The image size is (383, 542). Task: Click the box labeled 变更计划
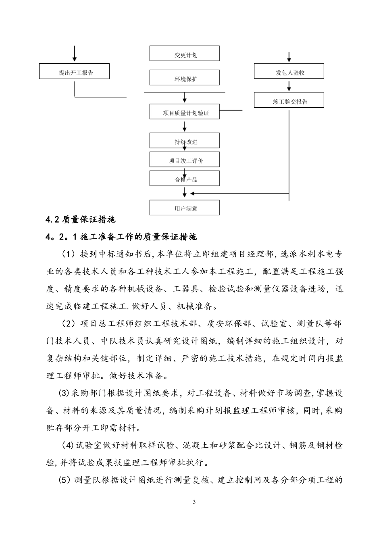[x=185, y=54]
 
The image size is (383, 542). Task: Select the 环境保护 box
[x=185, y=78]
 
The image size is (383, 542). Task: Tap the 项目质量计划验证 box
[x=185, y=112]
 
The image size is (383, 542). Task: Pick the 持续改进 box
[x=185, y=140]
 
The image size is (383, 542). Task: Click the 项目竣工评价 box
[x=185, y=160]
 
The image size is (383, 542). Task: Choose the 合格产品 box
[x=185, y=178]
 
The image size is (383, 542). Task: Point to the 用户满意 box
[x=185, y=208]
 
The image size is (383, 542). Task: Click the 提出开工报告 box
[x=75, y=71]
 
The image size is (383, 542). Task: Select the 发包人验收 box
[x=289, y=71]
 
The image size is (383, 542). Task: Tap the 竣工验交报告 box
[x=289, y=100]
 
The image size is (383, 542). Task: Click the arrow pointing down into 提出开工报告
[x=75, y=54]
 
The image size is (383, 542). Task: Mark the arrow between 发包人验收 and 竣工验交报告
[x=289, y=85]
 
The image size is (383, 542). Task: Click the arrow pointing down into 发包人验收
[x=289, y=57]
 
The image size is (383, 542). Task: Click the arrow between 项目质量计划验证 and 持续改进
[x=185, y=126]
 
